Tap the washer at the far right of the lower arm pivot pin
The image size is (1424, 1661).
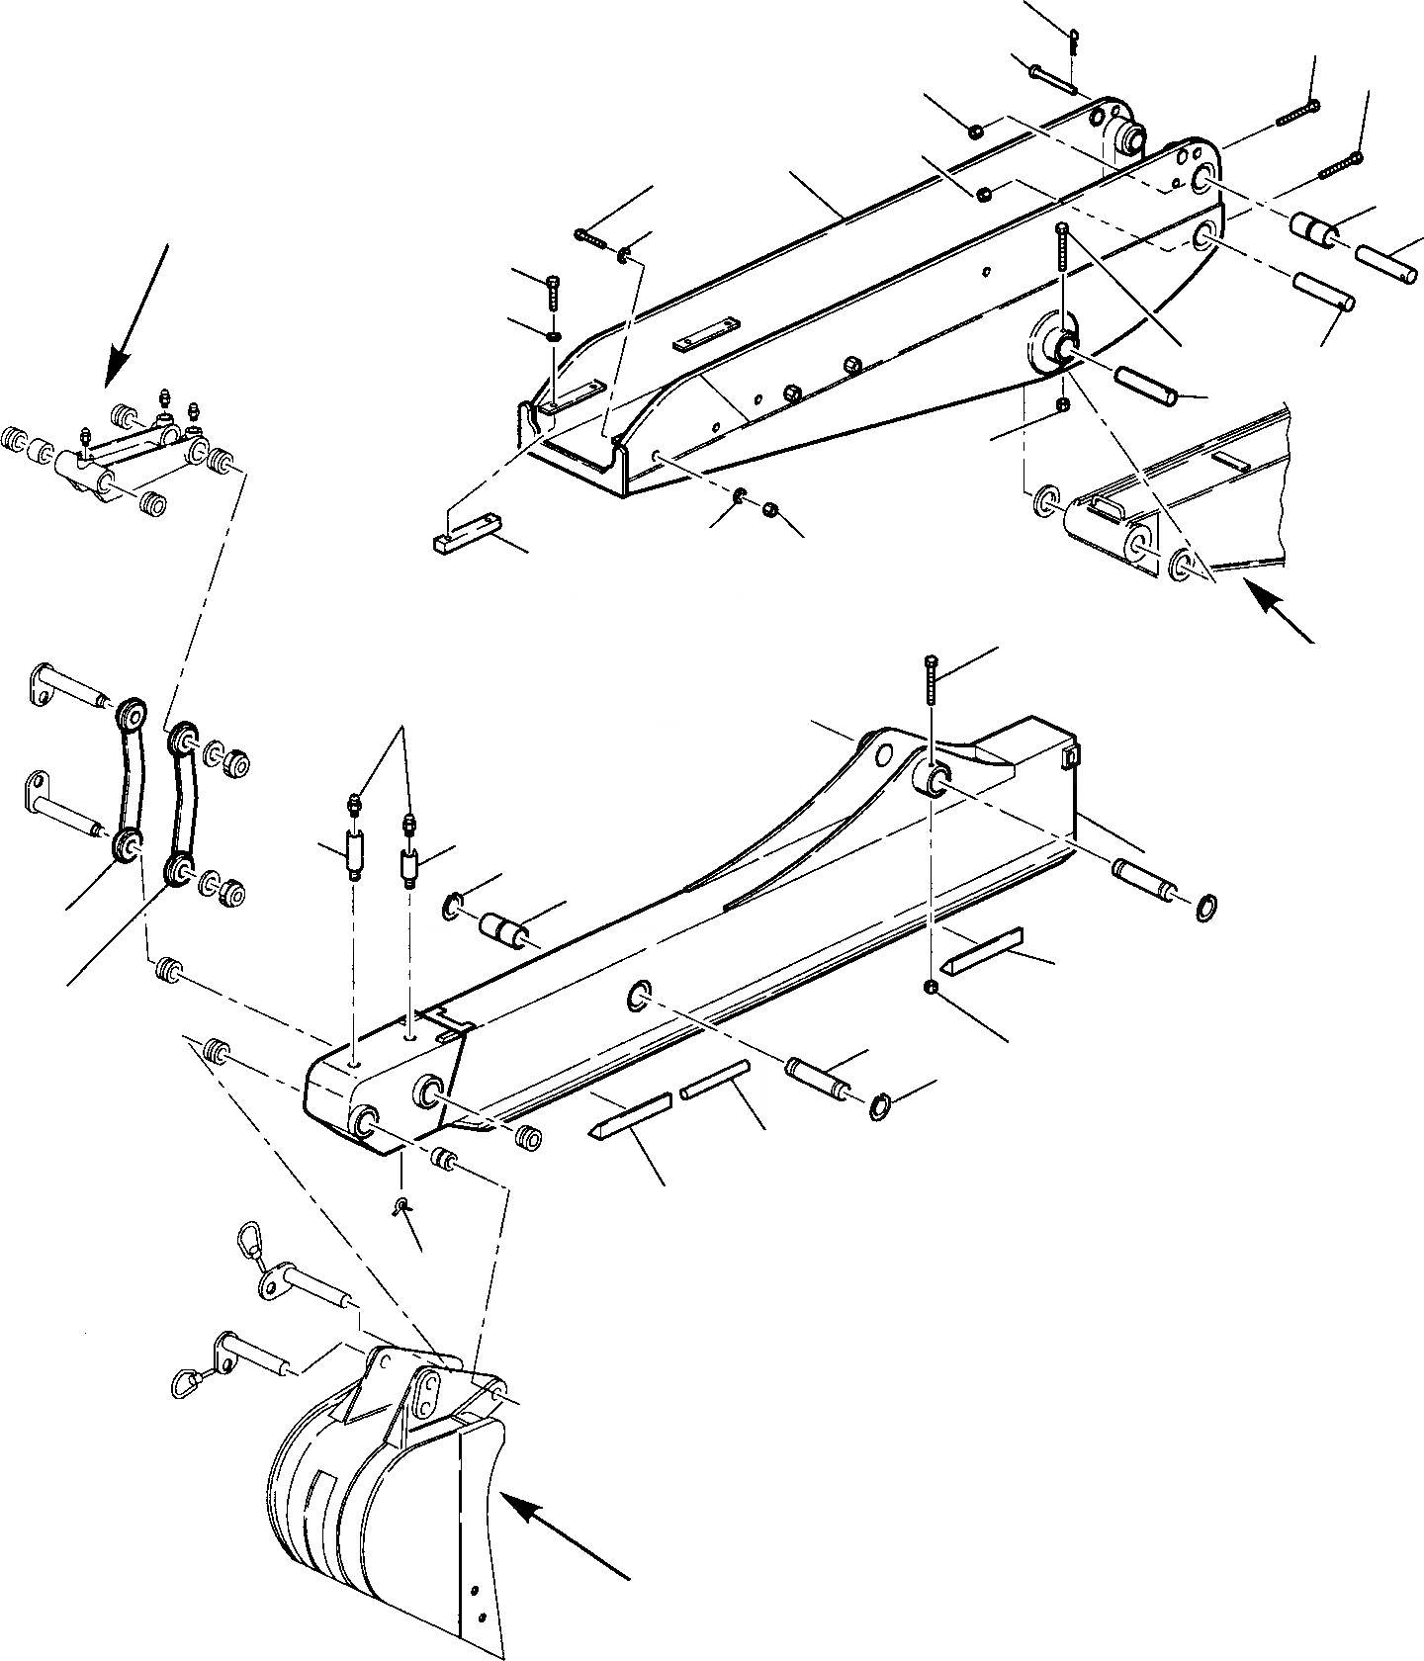coord(1207,907)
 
